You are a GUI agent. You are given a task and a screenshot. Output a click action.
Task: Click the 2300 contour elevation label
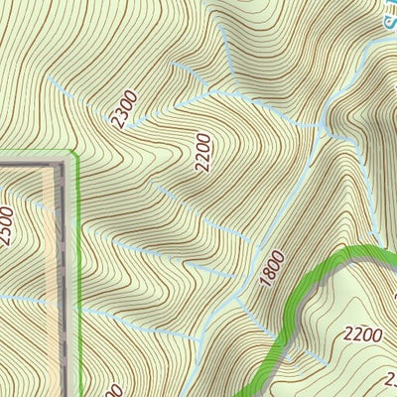point(125,108)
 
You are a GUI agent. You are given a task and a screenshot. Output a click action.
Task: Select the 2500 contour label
point(9,227)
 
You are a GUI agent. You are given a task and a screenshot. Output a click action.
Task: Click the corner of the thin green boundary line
point(74,153)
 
